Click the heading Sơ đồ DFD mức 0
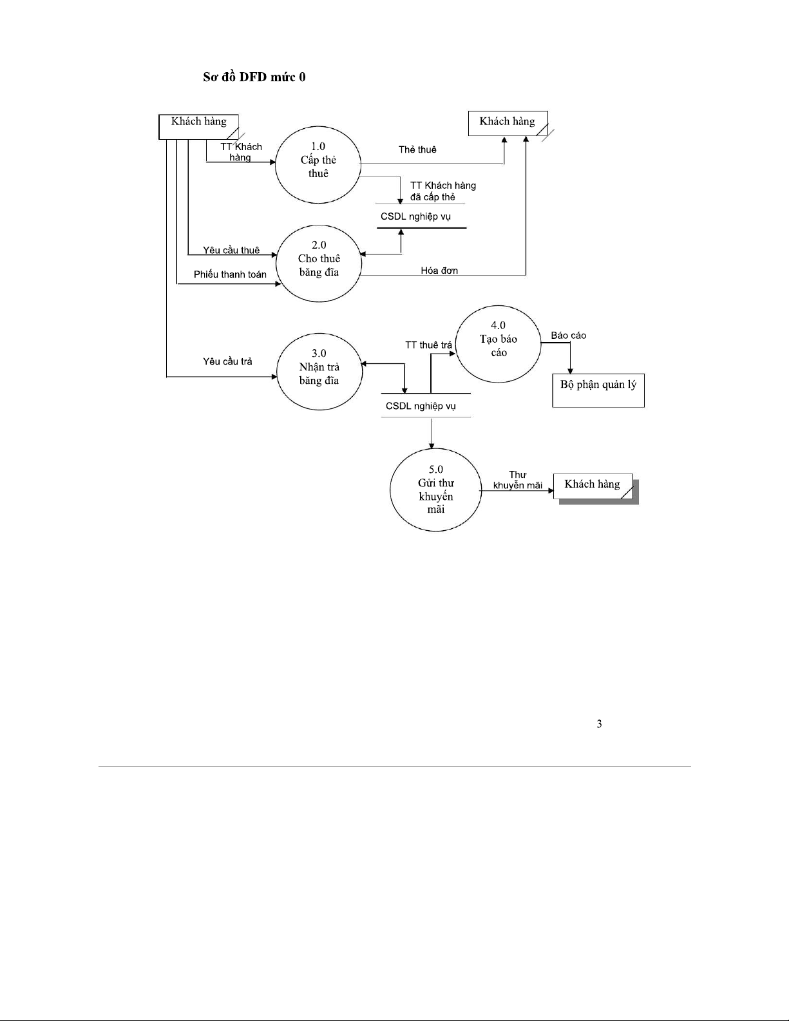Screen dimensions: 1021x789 click(x=254, y=77)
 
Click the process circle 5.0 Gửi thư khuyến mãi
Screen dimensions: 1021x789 click(x=435, y=490)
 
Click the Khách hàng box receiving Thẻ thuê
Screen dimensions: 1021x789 click(x=508, y=122)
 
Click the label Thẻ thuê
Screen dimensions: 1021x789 click(x=417, y=150)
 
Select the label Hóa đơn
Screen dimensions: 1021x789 click(x=439, y=271)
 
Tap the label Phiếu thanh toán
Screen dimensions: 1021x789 click(x=230, y=274)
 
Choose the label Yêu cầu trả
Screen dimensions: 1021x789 click(x=227, y=361)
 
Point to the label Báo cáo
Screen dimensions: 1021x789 click(x=569, y=336)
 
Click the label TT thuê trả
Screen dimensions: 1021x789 click(x=428, y=345)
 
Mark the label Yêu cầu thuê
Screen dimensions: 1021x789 click(x=231, y=250)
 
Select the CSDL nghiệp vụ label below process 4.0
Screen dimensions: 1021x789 click(x=421, y=406)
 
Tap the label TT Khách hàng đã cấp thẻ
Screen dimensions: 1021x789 click(x=442, y=191)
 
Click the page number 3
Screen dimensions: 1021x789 click(x=599, y=724)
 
